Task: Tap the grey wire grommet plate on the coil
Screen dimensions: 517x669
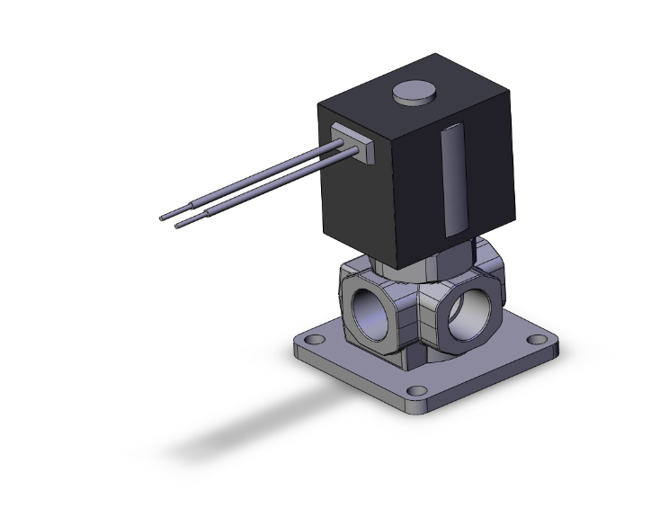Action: click(351, 143)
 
